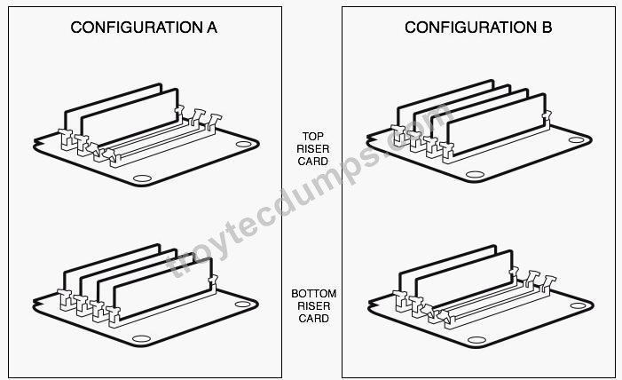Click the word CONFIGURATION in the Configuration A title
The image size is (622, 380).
point(137,28)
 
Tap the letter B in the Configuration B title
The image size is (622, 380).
point(547,28)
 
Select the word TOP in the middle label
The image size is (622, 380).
point(313,136)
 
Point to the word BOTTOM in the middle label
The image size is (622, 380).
point(314,294)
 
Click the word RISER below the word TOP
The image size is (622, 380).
point(313,149)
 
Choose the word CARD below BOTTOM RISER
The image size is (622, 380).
point(313,319)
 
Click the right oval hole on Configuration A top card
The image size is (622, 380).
point(243,144)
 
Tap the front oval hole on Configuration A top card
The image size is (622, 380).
point(142,178)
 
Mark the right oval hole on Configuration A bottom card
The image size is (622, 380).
point(243,305)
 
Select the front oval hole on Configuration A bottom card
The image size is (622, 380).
point(141,338)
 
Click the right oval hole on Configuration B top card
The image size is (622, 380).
point(577,139)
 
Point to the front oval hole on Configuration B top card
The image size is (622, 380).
point(475,174)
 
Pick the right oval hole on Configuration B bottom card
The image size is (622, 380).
point(578,305)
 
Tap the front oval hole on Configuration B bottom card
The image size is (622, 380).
point(476,340)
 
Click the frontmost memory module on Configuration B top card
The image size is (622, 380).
point(497,126)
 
